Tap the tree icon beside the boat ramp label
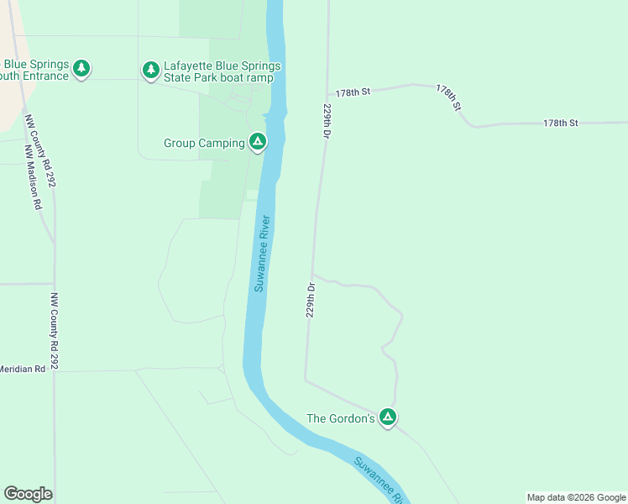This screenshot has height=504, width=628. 150,70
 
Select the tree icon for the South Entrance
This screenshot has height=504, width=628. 81,68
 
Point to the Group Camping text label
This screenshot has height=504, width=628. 204,143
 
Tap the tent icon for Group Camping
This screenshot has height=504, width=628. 258,142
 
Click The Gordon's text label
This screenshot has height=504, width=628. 340,418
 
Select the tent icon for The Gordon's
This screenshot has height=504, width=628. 387,417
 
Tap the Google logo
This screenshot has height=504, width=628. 28,494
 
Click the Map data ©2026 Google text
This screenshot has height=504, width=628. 575,497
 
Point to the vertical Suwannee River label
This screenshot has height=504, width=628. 263,254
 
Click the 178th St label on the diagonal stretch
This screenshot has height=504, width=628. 449,98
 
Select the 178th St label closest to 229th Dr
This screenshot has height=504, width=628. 353,91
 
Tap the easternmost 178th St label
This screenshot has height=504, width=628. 560,123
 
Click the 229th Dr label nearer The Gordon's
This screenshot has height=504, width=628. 311,299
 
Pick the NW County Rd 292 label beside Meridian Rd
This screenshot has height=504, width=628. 55,332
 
